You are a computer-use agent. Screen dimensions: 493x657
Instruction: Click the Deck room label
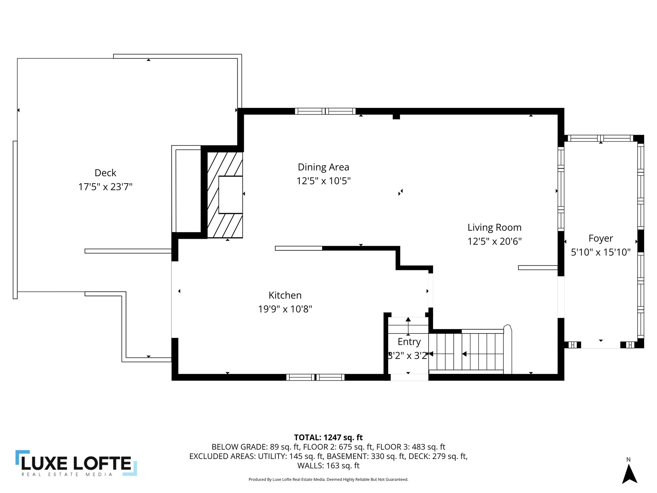(x=105, y=173)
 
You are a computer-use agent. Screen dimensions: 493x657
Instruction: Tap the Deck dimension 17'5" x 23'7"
(x=105, y=187)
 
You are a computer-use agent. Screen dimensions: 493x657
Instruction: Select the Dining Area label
(x=323, y=167)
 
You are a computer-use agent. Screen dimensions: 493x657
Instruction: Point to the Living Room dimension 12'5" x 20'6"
(x=494, y=241)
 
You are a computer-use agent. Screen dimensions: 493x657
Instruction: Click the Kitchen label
(x=285, y=295)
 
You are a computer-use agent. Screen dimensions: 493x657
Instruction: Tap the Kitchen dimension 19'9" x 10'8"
(x=285, y=309)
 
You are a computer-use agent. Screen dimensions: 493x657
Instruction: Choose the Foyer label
(x=601, y=238)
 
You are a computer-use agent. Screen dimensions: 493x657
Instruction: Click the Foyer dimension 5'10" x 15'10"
(x=601, y=252)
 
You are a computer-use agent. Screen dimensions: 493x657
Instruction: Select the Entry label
(x=409, y=342)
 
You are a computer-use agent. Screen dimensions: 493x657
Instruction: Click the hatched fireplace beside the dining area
(x=225, y=195)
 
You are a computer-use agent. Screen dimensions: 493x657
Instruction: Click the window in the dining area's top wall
(x=325, y=111)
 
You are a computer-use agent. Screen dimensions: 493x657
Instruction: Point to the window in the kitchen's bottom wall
(x=315, y=377)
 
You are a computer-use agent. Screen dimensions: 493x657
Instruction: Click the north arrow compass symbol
(x=629, y=474)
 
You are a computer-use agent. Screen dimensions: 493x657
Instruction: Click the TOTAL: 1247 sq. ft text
(x=328, y=437)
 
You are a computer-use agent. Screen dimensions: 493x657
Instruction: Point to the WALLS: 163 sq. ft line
(x=328, y=465)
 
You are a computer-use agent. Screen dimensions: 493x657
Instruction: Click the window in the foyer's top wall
(x=601, y=138)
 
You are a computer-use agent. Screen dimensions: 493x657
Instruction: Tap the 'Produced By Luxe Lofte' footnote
(x=328, y=480)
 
